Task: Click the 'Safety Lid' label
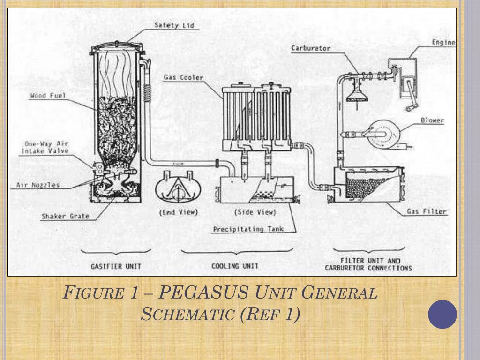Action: coord(174,25)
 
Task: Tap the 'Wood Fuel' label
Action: coord(48,96)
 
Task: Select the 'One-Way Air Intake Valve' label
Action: coord(45,147)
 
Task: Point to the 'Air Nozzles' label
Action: coord(38,185)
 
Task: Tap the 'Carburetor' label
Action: coord(311,48)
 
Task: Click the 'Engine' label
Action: coord(443,43)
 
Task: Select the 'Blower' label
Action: coord(432,120)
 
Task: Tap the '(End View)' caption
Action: coord(179,212)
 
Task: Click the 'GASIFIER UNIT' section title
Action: coord(116,266)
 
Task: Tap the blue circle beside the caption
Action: coord(442,314)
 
